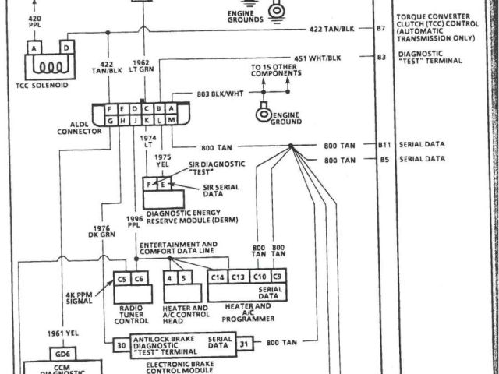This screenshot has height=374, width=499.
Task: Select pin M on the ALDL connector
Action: coord(170,121)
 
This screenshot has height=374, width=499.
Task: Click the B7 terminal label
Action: coord(381,28)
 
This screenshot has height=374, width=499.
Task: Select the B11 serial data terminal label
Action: coord(384,145)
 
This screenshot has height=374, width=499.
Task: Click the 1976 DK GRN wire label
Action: coord(101,231)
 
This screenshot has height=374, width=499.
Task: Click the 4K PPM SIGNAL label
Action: coord(80,298)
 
